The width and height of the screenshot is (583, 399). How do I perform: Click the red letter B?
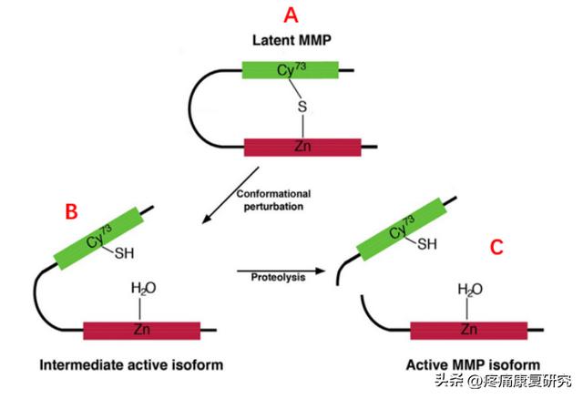[x=70, y=211]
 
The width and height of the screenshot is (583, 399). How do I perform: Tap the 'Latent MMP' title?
[x=290, y=41]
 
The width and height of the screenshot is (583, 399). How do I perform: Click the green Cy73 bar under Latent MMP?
[x=290, y=68]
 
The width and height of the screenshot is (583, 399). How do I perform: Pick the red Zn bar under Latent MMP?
[x=302, y=145]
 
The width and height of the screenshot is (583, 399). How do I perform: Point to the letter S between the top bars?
[x=302, y=107]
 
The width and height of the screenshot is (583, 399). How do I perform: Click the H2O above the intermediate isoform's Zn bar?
[x=143, y=289]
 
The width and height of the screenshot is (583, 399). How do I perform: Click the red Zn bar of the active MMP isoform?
[x=468, y=330]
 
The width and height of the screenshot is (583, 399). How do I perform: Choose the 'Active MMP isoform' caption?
[x=466, y=365]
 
